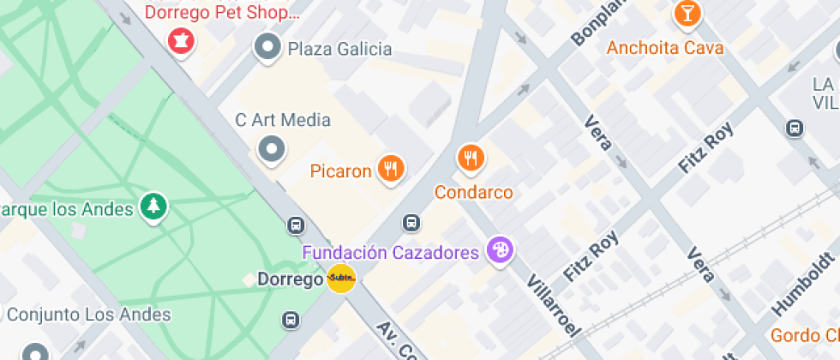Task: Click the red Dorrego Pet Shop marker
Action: (x=180, y=39)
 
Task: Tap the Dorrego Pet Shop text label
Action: (x=222, y=12)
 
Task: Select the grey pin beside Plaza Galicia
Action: (x=268, y=48)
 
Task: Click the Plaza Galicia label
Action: (x=339, y=49)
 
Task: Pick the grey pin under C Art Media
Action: (x=272, y=150)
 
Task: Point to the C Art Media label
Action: (x=283, y=120)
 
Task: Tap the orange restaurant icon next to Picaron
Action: (x=392, y=169)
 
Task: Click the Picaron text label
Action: (x=341, y=171)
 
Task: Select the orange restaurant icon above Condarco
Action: (x=470, y=157)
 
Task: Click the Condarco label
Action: (x=473, y=192)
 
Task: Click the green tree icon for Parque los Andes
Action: (x=154, y=206)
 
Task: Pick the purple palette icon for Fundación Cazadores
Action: (x=498, y=251)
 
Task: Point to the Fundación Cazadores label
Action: (x=390, y=253)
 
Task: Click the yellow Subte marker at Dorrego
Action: (x=341, y=279)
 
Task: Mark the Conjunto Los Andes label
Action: (x=89, y=315)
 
